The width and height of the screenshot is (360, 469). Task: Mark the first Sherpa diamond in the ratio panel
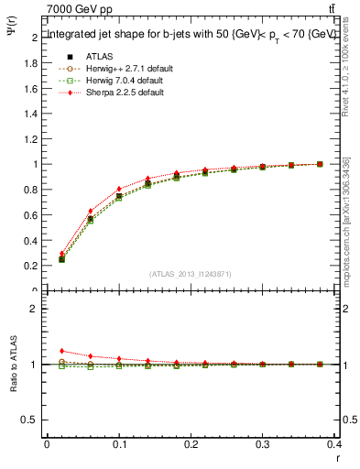coord(61,351)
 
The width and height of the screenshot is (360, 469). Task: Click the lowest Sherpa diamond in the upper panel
coord(61,254)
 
